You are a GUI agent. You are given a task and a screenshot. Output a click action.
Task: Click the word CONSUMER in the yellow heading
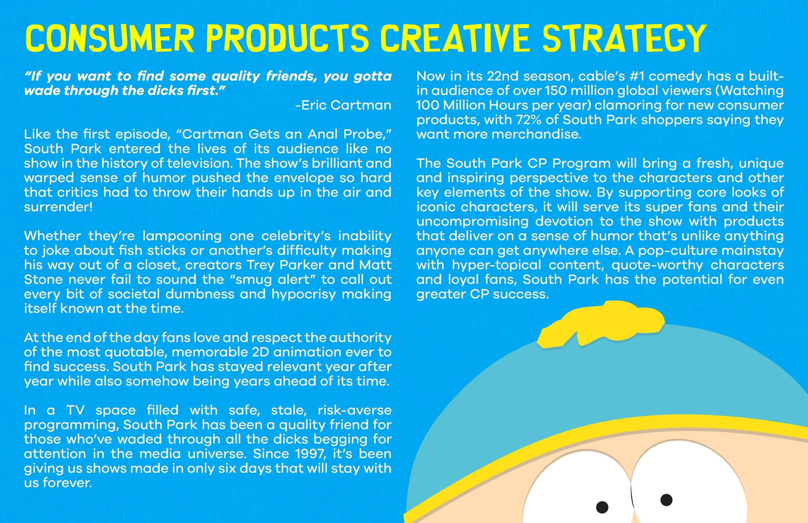click(109, 38)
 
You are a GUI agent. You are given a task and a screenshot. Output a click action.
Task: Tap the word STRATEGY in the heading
click(624, 38)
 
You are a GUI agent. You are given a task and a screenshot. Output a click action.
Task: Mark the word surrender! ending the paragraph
click(58, 207)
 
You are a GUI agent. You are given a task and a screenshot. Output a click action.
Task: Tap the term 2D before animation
click(260, 352)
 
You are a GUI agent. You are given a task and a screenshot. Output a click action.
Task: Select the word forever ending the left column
click(67, 483)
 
